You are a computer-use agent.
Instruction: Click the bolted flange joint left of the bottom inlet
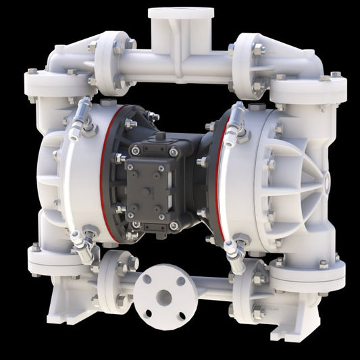tap(111, 280)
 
